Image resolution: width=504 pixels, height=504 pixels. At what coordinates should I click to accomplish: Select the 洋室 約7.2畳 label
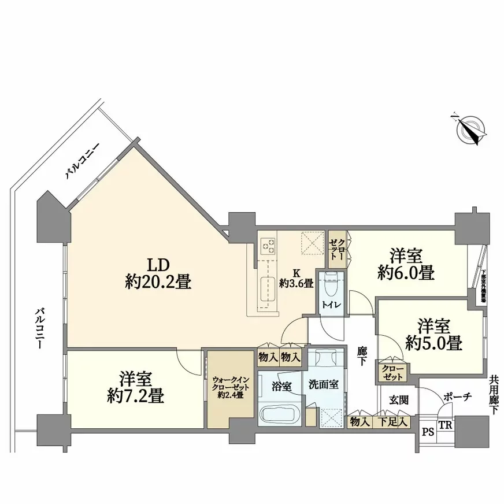pyautogui.click(x=136, y=387)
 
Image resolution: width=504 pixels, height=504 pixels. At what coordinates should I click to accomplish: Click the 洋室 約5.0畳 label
pyautogui.click(x=432, y=333)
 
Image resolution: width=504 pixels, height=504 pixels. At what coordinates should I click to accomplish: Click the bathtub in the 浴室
pyautogui.click(x=277, y=414)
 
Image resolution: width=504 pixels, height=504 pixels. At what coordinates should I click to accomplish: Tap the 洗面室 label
pyautogui.click(x=323, y=384)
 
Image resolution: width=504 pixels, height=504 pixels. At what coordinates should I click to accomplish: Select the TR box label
pyautogui.click(x=445, y=425)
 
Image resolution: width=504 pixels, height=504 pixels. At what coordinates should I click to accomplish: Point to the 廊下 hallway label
pyautogui.click(x=362, y=355)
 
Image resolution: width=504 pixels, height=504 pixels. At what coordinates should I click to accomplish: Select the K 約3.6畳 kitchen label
pyautogui.click(x=297, y=278)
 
